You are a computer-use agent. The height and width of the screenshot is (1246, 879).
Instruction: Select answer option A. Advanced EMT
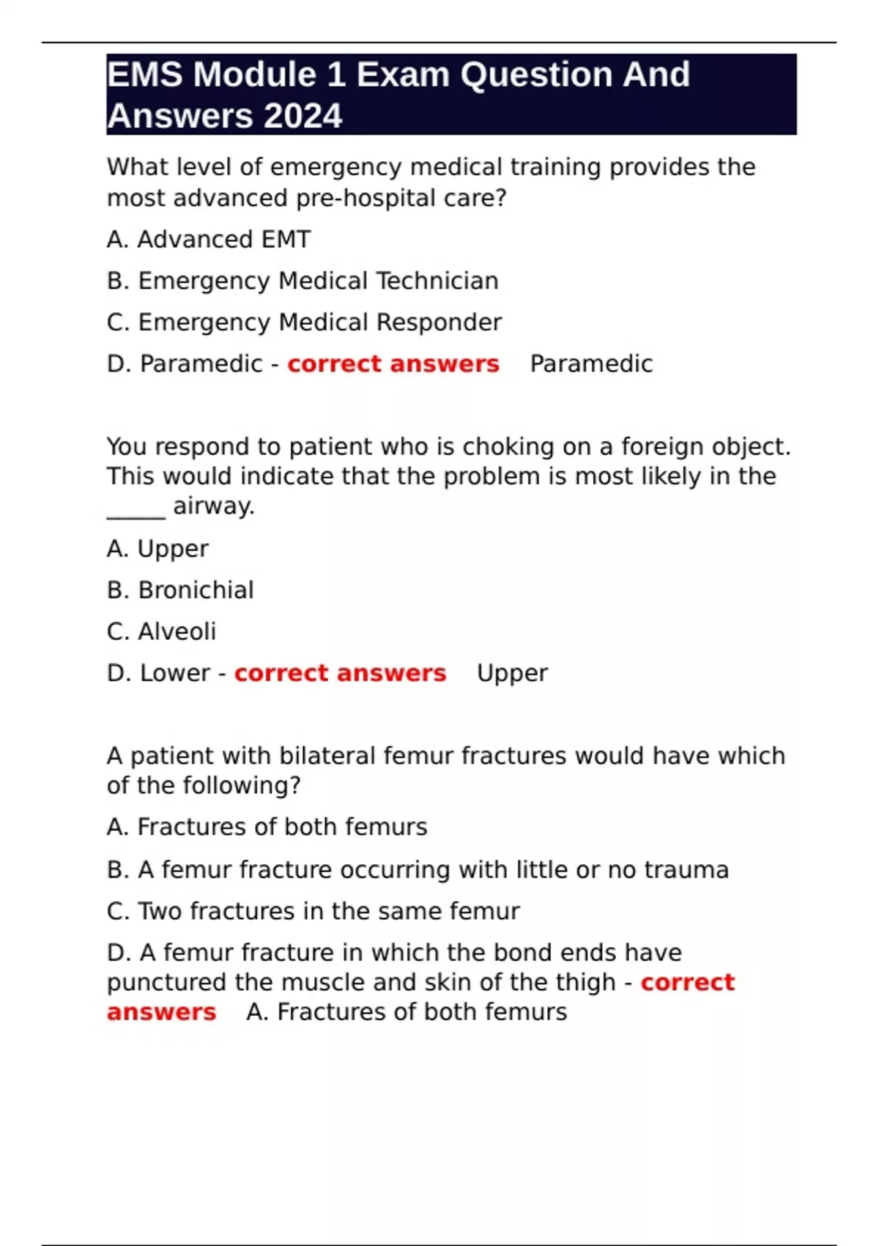coord(209,240)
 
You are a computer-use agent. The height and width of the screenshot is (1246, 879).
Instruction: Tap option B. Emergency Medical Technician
coord(303,281)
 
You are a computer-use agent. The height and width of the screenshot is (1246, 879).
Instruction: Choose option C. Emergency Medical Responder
coord(304,322)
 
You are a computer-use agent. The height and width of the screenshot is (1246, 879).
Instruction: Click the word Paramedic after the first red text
coord(591,364)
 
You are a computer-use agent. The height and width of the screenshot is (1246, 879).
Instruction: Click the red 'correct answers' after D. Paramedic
coord(393,364)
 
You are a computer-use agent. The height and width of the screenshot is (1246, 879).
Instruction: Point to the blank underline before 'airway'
coord(136,510)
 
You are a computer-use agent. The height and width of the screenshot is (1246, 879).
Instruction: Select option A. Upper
coord(157,549)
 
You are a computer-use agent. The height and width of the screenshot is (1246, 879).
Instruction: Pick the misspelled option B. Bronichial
coord(180,590)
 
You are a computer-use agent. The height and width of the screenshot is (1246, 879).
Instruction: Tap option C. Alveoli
coord(161,632)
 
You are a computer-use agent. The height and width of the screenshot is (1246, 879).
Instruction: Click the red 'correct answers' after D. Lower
coord(340,673)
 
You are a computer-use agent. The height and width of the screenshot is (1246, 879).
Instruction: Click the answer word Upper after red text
coord(512,673)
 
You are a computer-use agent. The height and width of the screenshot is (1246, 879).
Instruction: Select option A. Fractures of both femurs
coord(267,827)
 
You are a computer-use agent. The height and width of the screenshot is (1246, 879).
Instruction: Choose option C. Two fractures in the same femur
coord(313,911)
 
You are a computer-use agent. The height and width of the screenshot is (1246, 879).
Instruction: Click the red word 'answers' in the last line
coord(161,1012)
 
